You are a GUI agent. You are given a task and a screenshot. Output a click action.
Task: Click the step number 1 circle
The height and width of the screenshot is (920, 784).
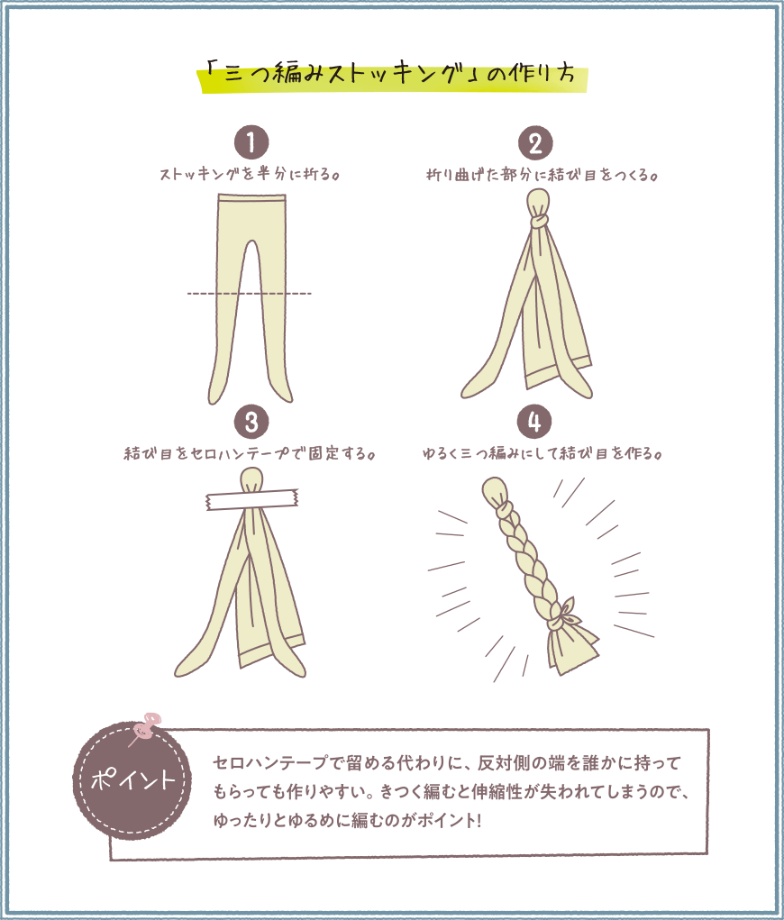pos(251,143)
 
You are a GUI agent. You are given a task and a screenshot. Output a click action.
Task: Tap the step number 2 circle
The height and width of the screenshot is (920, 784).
pos(535,143)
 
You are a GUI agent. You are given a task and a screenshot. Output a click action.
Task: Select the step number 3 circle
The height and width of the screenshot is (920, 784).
pos(251,422)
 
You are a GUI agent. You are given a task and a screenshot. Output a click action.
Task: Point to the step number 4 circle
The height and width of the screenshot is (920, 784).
pos(535,422)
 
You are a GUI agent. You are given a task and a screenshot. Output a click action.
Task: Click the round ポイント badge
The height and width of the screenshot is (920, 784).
pos(133,780)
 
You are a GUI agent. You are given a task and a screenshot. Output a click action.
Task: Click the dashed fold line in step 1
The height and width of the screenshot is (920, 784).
pos(250,294)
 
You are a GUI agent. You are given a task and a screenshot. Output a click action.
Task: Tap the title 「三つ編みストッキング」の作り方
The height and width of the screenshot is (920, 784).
pos(392,75)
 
